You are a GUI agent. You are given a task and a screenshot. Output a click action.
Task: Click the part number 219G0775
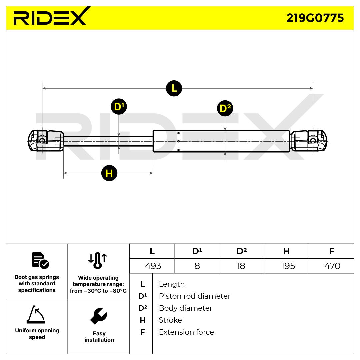315,18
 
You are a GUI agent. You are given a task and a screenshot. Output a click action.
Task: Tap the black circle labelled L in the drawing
174,88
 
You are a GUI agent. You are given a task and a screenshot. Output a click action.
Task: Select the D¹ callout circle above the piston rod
119,107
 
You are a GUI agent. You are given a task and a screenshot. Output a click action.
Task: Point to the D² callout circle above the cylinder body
225,108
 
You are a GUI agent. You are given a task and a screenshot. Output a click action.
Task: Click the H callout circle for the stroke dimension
109,173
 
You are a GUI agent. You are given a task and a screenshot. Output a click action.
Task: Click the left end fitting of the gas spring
45,141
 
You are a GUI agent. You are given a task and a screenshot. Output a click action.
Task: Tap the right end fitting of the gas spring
309,141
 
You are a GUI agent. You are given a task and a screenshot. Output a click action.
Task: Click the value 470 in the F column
332,266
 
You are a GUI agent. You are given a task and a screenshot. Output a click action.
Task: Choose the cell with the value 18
241,266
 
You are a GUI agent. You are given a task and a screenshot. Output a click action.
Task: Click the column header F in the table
331,251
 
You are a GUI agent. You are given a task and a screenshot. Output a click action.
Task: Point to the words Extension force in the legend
186,332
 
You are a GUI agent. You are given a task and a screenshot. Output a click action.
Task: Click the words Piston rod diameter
194,296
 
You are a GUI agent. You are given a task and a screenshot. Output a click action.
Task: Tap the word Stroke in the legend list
170,320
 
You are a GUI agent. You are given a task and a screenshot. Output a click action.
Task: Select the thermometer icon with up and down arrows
98,260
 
